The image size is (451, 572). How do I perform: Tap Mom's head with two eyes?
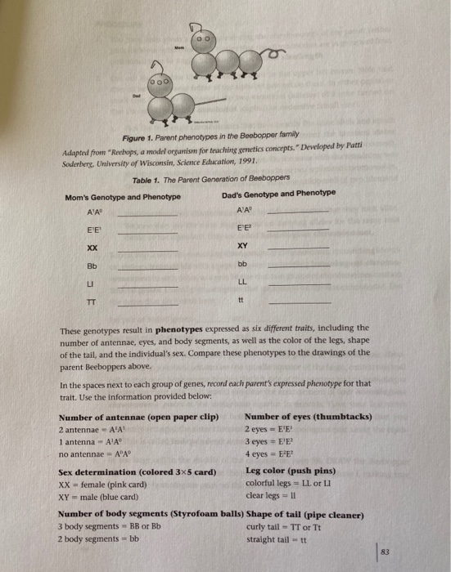click(200, 39)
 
